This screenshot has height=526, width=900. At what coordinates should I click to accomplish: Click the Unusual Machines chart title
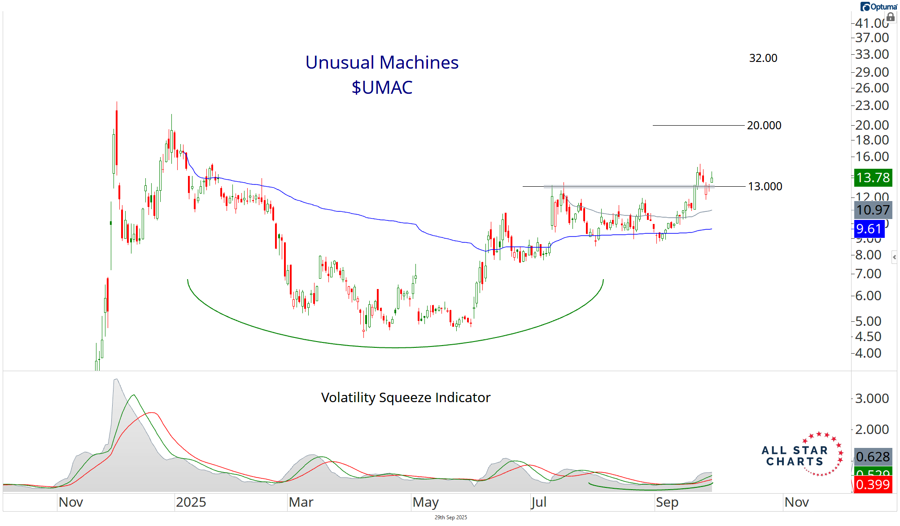coord(382,62)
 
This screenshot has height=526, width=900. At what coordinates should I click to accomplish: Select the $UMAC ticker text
coord(382,88)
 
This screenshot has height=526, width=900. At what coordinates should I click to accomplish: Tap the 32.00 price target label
coord(763,58)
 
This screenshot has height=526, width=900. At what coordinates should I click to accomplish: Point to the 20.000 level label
coord(764,125)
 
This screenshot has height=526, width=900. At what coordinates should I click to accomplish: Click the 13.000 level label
coord(765,186)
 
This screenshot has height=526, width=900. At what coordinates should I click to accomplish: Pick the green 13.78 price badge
coord(872,178)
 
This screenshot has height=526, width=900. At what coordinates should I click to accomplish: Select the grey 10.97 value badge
coord(872,210)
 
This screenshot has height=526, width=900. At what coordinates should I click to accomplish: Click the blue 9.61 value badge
coord(869,229)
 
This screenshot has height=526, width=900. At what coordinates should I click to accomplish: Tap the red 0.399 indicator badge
coord(872,485)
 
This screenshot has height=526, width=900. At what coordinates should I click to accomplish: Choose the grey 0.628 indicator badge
coord(872,457)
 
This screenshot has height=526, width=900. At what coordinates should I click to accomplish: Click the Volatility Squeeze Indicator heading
coord(406,398)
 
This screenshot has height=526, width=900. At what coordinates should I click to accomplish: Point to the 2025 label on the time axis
coord(191,502)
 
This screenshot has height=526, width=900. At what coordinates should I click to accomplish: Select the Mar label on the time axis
coord(301,502)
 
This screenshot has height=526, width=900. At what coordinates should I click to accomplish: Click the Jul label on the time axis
coord(538,502)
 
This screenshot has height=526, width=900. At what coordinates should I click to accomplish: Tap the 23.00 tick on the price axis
coord(872,105)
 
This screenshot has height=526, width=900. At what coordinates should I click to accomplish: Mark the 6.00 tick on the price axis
coord(868,296)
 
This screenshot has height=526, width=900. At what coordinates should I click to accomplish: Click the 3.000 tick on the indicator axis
coord(872,399)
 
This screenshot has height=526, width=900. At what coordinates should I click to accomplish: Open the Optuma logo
coord(878,7)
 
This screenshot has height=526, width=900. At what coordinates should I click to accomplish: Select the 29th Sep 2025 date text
coord(450,517)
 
